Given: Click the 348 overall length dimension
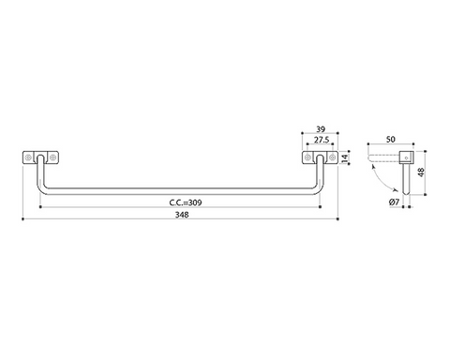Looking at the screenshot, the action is click(182, 215).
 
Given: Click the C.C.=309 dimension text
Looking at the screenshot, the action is click(186, 202).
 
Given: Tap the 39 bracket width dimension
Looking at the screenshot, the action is click(321, 129).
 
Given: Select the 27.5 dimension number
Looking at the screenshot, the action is click(322, 140).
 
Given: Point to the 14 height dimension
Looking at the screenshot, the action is click(345, 158).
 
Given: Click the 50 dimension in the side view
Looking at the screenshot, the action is click(391, 140).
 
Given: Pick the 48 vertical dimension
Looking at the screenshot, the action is click(422, 172).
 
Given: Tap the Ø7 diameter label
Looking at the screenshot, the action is click(395, 202).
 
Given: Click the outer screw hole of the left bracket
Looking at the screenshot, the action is click(28, 157).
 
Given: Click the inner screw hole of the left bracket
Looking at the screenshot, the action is click(52, 157).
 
